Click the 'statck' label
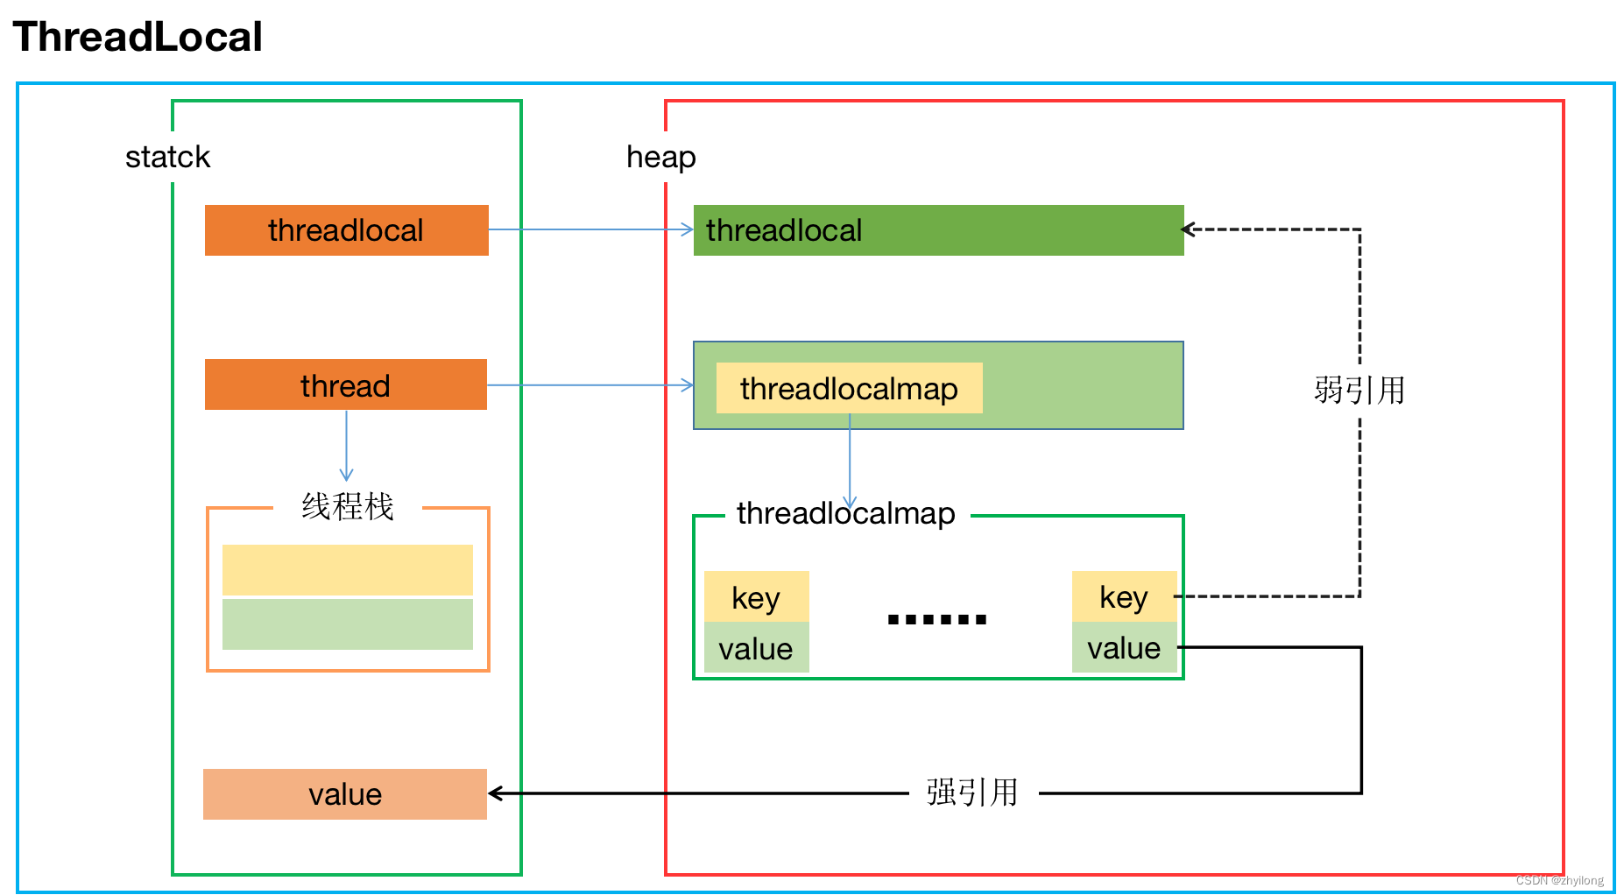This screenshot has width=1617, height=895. pos(167,157)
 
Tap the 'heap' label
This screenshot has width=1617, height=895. pos(660,157)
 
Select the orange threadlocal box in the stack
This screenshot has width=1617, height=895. pos(346,230)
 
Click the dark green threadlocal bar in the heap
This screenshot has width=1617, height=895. pos(937,230)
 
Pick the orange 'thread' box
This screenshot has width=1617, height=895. pos(345,385)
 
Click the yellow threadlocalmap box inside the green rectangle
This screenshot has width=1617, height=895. pos(849,388)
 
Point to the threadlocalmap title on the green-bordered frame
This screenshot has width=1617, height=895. pos(845,513)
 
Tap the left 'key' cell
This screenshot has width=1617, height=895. pos(756,597)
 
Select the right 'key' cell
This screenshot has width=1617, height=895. pos(1124,596)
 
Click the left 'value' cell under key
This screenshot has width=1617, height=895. pos(756,648)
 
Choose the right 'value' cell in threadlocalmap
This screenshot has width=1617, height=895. pos(1124,648)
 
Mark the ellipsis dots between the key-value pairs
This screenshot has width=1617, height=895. pos(936,619)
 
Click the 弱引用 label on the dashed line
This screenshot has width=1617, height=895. pos(1359,390)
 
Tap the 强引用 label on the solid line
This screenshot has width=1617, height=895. pos(972,793)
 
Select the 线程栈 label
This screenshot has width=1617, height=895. pos(348,506)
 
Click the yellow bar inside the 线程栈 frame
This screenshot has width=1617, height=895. pos(347,570)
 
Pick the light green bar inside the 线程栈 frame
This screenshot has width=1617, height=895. pos(347,624)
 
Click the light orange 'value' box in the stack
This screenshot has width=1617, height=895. pos(345,794)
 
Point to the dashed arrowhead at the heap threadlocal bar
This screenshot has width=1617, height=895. pos(1189,229)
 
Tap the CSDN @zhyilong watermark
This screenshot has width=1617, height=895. pos(1559,880)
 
